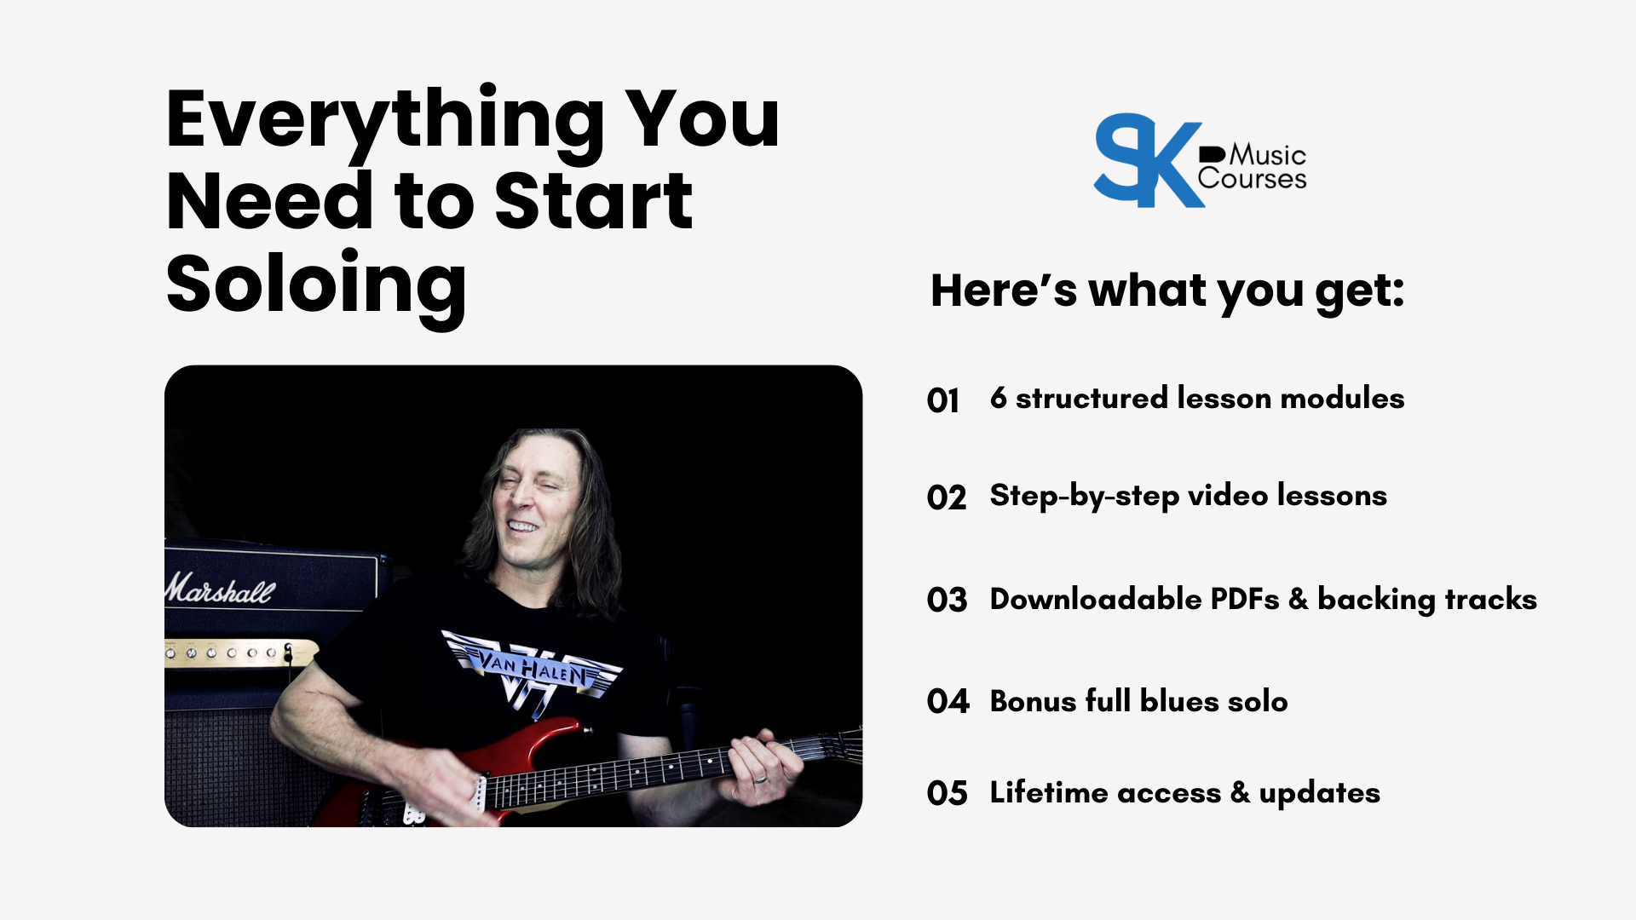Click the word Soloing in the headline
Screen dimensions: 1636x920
point(316,287)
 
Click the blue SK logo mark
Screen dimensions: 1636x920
point(1148,160)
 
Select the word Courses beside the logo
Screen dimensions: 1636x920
point(1252,179)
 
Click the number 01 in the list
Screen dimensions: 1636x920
point(943,400)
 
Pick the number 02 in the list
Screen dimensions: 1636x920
point(947,497)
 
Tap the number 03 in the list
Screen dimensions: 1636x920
point(948,600)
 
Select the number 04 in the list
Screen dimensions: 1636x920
point(948,701)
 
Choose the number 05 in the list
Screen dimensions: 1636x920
point(948,793)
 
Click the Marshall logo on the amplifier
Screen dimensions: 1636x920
point(221,589)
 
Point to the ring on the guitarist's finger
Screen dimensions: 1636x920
point(761,779)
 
